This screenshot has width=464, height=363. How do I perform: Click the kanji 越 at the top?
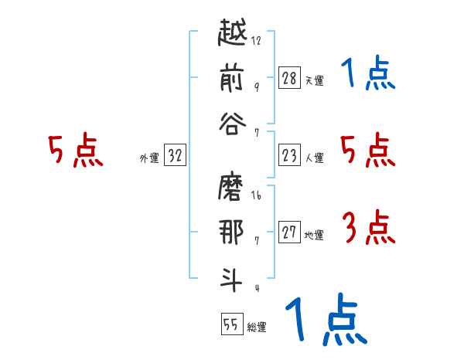point(230,36)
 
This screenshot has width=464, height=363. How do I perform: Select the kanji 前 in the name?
point(230,80)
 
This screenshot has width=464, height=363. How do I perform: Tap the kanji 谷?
point(230,124)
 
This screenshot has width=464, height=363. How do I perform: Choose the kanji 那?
point(230,232)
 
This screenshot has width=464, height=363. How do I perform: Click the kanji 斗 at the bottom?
point(230,276)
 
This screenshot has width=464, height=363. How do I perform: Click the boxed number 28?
point(289,77)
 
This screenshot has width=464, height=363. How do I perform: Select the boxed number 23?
point(289,155)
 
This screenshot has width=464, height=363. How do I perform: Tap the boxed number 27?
point(289,232)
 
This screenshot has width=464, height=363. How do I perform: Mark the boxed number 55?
point(231,324)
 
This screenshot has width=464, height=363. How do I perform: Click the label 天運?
point(314,80)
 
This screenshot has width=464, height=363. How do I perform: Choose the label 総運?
point(257,327)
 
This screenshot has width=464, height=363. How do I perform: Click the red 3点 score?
point(368,229)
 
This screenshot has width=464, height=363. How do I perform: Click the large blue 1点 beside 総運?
point(325,321)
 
